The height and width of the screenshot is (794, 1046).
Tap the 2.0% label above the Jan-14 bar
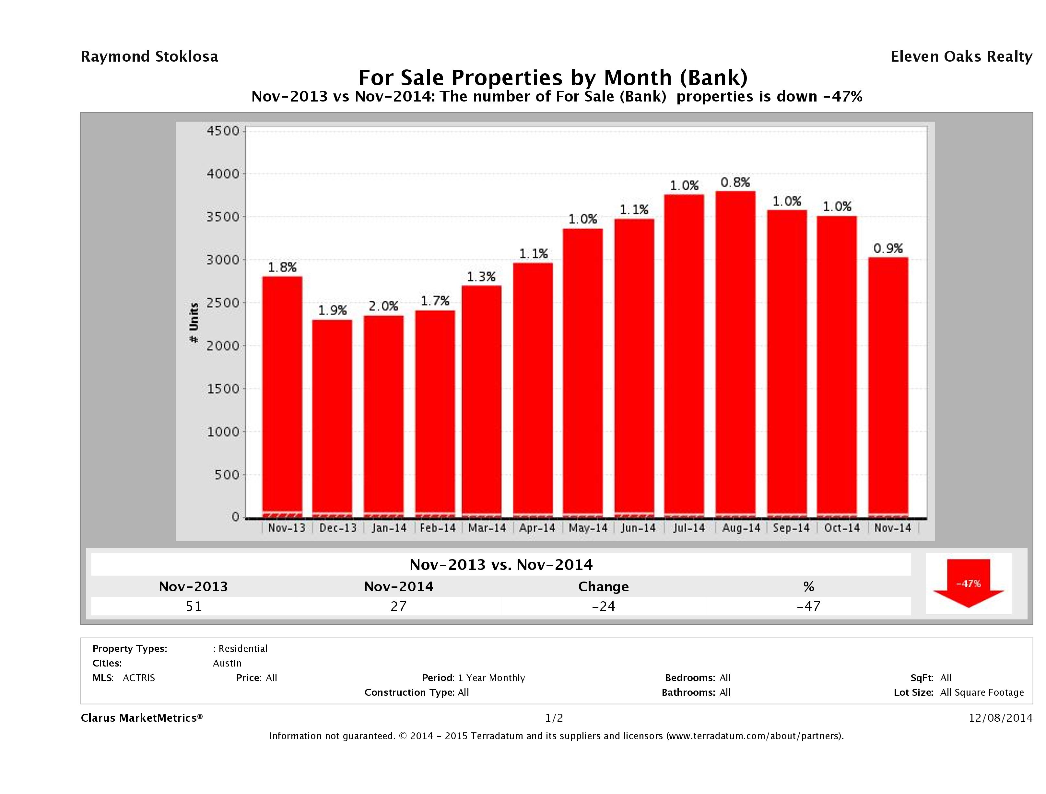(x=383, y=306)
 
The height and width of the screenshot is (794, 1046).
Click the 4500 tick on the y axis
(x=223, y=131)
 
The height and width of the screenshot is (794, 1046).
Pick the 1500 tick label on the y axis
(x=223, y=389)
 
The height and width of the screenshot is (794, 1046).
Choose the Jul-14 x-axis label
(x=689, y=528)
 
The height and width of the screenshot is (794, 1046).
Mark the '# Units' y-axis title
(x=194, y=323)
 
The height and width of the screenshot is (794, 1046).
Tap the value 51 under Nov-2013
(x=194, y=606)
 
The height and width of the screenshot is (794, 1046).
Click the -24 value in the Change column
(x=604, y=606)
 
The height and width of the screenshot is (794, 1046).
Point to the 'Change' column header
(x=604, y=587)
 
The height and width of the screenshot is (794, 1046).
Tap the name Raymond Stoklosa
(x=149, y=57)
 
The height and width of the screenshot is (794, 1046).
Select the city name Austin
(x=227, y=663)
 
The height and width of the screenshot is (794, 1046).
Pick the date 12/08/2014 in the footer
(x=1000, y=718)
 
